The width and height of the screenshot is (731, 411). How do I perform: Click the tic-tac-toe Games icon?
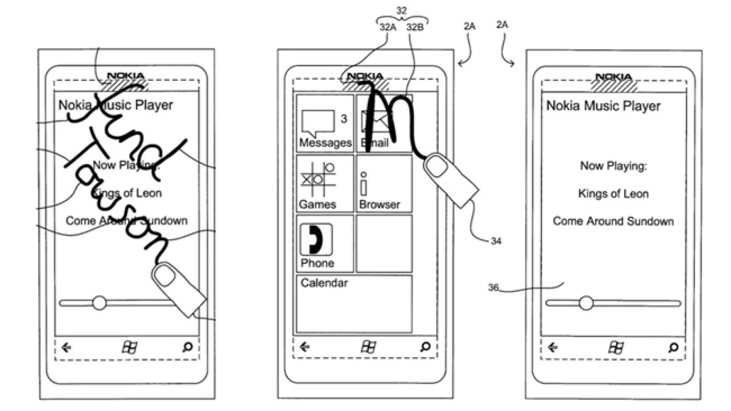318,179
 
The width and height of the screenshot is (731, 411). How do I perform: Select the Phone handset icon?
316,239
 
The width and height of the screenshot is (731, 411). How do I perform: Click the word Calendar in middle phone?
324,283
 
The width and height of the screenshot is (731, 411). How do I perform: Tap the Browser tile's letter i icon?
364,184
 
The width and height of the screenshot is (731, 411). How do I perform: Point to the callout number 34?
496,241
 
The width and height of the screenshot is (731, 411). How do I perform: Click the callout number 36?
493,288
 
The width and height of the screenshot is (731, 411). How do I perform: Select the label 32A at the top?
387,27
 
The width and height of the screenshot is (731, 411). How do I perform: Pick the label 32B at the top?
415,27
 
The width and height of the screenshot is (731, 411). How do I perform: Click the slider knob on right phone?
586,303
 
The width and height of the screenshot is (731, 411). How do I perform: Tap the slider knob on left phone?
99,303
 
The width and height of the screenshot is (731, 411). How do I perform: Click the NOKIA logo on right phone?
614,77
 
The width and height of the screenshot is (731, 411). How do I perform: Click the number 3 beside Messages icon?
344,119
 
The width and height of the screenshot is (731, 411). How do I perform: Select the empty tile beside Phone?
384,243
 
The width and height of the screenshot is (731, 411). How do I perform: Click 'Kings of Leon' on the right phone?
613,194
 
